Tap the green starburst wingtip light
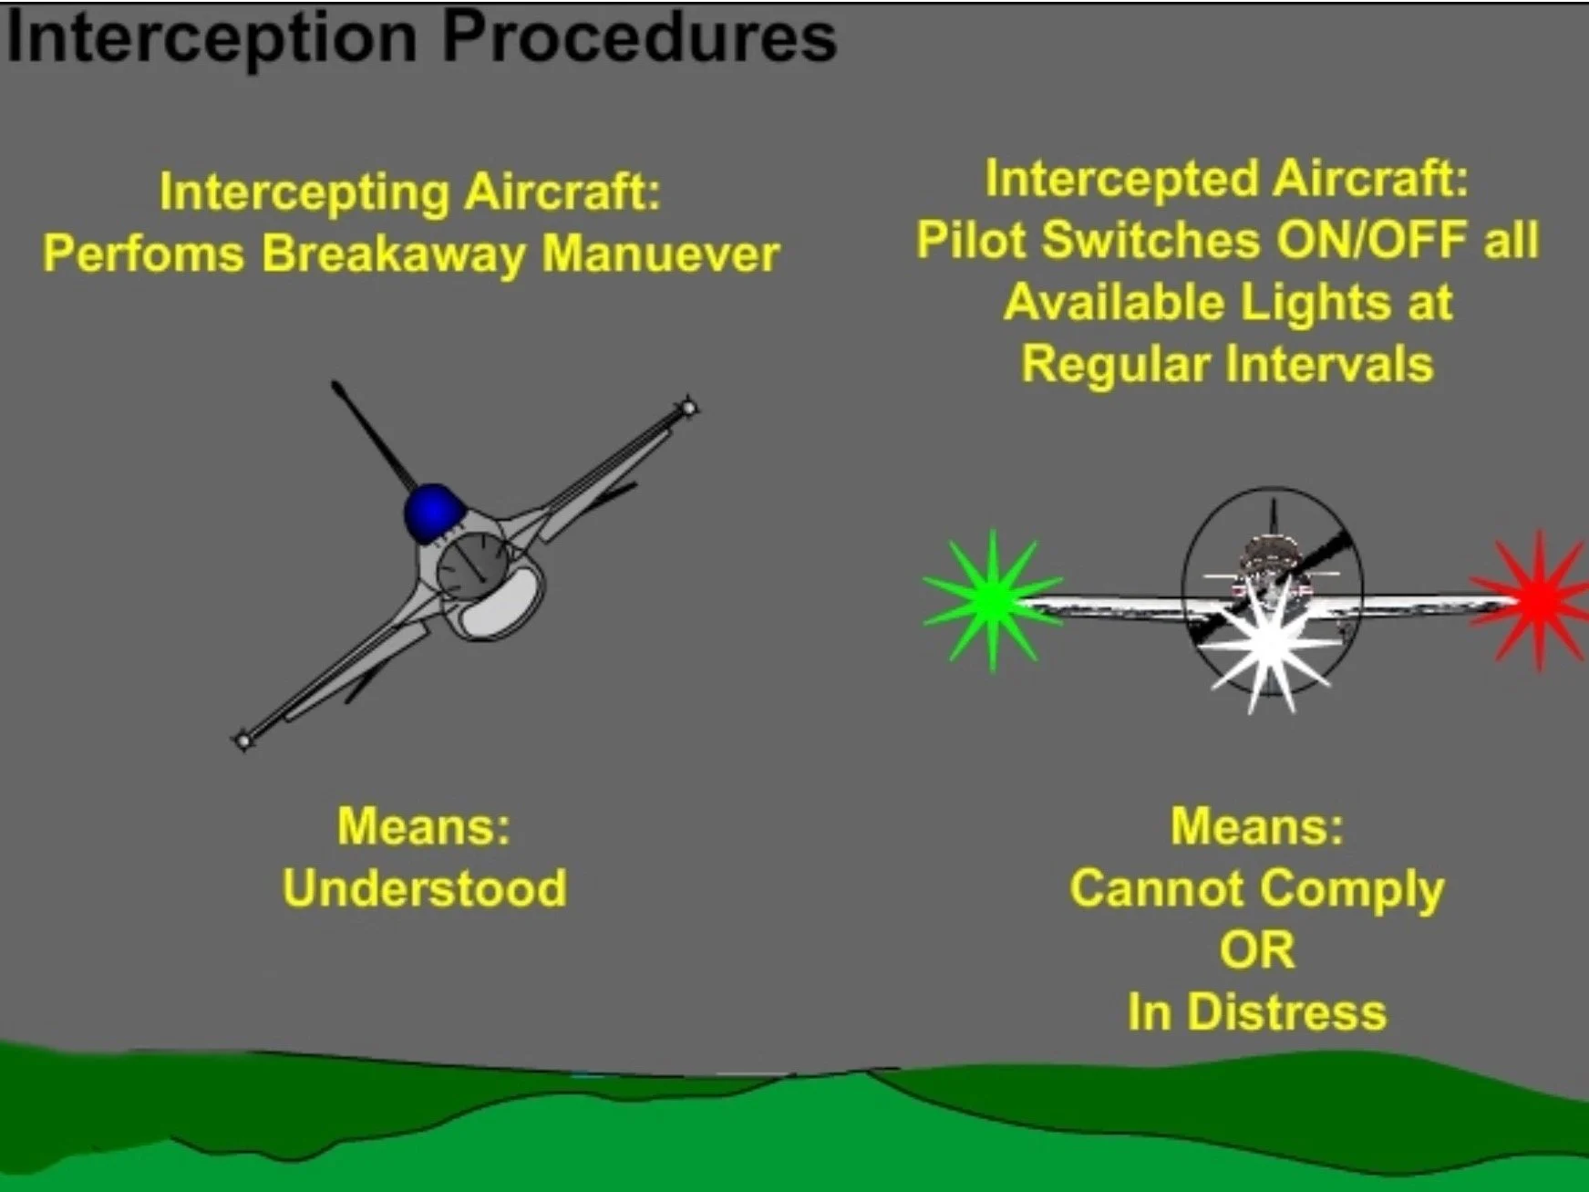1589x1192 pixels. tap(992, 599)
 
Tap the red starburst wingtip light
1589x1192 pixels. tap(1538, 599)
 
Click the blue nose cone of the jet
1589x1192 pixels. tap(431, 512)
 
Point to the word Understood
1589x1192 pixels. tap(425, 888)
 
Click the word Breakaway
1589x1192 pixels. tap(393, 254)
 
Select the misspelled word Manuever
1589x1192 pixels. tap(661, 254)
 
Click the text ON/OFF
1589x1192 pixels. tap(1372, 241)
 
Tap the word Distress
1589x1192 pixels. tap(1286, 1012)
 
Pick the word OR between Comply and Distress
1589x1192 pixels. tap(1256, 950)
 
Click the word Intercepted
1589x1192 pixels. tap(1120, 179)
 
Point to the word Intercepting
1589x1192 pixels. tap(304, 192)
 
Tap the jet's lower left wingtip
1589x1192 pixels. tap(242, 740)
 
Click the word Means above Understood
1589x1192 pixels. tap(423, 826)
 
